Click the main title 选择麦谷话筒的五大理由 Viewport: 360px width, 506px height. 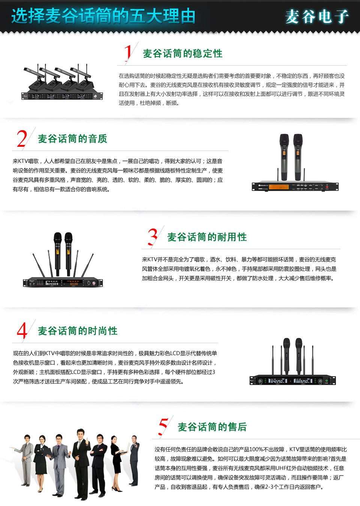(x=103, y=16)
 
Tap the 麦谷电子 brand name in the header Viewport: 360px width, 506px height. (x=317, y=17)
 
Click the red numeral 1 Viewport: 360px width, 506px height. (x=128, y=53)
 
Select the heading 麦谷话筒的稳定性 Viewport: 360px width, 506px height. (x=183, y=54)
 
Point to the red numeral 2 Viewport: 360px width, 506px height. (x=22, y=138)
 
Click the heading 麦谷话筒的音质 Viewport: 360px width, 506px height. (x=72, y=139)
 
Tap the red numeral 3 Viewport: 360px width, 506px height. (x=153, y=236)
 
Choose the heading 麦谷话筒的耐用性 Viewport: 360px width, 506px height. (x=207, y=237)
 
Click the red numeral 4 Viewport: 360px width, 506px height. (x=22, y=330)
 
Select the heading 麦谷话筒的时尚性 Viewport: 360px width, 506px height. (x=78, y=331)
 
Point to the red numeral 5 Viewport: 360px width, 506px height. (x=163, y=426)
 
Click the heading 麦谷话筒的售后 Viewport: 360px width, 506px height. (x=212, y=427)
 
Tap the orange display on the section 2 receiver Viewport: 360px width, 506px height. (x=279, y=187)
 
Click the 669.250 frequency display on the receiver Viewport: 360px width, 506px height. (x=302, y=381)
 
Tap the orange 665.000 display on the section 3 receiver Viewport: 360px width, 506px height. (x=73, y=284)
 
